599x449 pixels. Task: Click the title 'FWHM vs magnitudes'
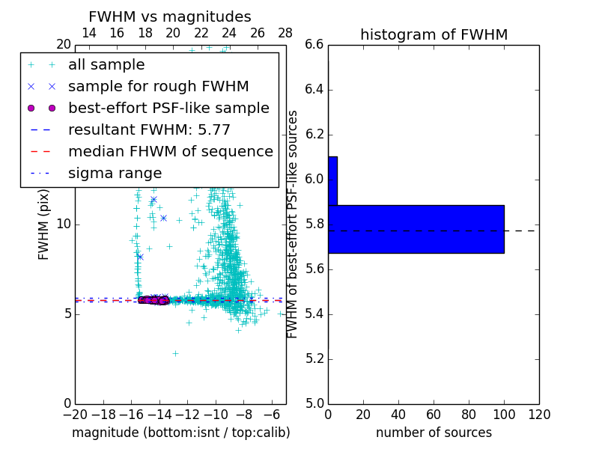[169, 17]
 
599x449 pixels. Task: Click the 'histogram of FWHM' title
[434, 35]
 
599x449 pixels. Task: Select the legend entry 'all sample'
[106, 65]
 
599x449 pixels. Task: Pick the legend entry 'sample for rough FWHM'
[158, 86]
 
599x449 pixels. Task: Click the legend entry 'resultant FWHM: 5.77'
[149, 129]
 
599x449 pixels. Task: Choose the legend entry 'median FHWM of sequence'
[170, 151]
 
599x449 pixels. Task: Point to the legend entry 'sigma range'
[115, 173]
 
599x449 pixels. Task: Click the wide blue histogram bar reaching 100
[416, 229]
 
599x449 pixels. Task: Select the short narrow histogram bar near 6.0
[332, 180]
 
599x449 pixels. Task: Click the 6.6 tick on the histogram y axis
[314, 45]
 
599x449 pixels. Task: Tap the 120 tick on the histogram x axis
[539, 414]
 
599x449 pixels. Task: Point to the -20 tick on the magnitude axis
[75, 414]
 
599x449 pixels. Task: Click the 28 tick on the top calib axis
[285, 33]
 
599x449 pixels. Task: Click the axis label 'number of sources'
[434, 433]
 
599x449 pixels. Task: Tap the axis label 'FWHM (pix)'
[44, 224]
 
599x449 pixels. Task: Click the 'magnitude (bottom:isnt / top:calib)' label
[180, 433]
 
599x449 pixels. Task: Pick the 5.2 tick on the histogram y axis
[314, 358]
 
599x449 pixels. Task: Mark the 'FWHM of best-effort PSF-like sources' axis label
[294, 224]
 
